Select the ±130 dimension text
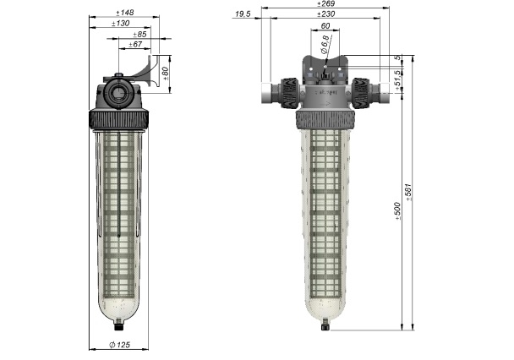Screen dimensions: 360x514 click(122, 23)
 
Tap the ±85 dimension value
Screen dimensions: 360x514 click(140, 34)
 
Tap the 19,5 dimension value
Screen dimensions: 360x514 click(243, 14)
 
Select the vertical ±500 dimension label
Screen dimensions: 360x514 click(398, 211)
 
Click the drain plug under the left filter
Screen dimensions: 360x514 click(119, 325)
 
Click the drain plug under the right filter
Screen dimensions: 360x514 click(324, 326)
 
